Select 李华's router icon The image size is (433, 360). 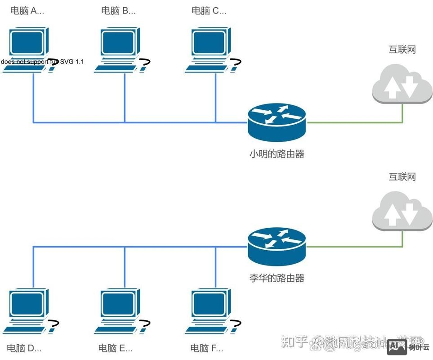tap(277, 247)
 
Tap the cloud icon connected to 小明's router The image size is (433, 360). tap(402, 84)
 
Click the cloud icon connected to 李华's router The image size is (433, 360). tap(402, 211)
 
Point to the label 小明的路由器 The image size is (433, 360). tap(277, 154)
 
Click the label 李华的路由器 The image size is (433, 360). tap(277, 278)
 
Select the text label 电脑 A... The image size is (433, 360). tap(27, 11)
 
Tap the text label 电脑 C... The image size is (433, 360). tap(209, 11)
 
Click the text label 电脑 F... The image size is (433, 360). tap(207, 348)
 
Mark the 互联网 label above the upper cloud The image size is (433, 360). tap(402, 49)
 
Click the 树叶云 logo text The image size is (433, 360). tap(419, 347)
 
